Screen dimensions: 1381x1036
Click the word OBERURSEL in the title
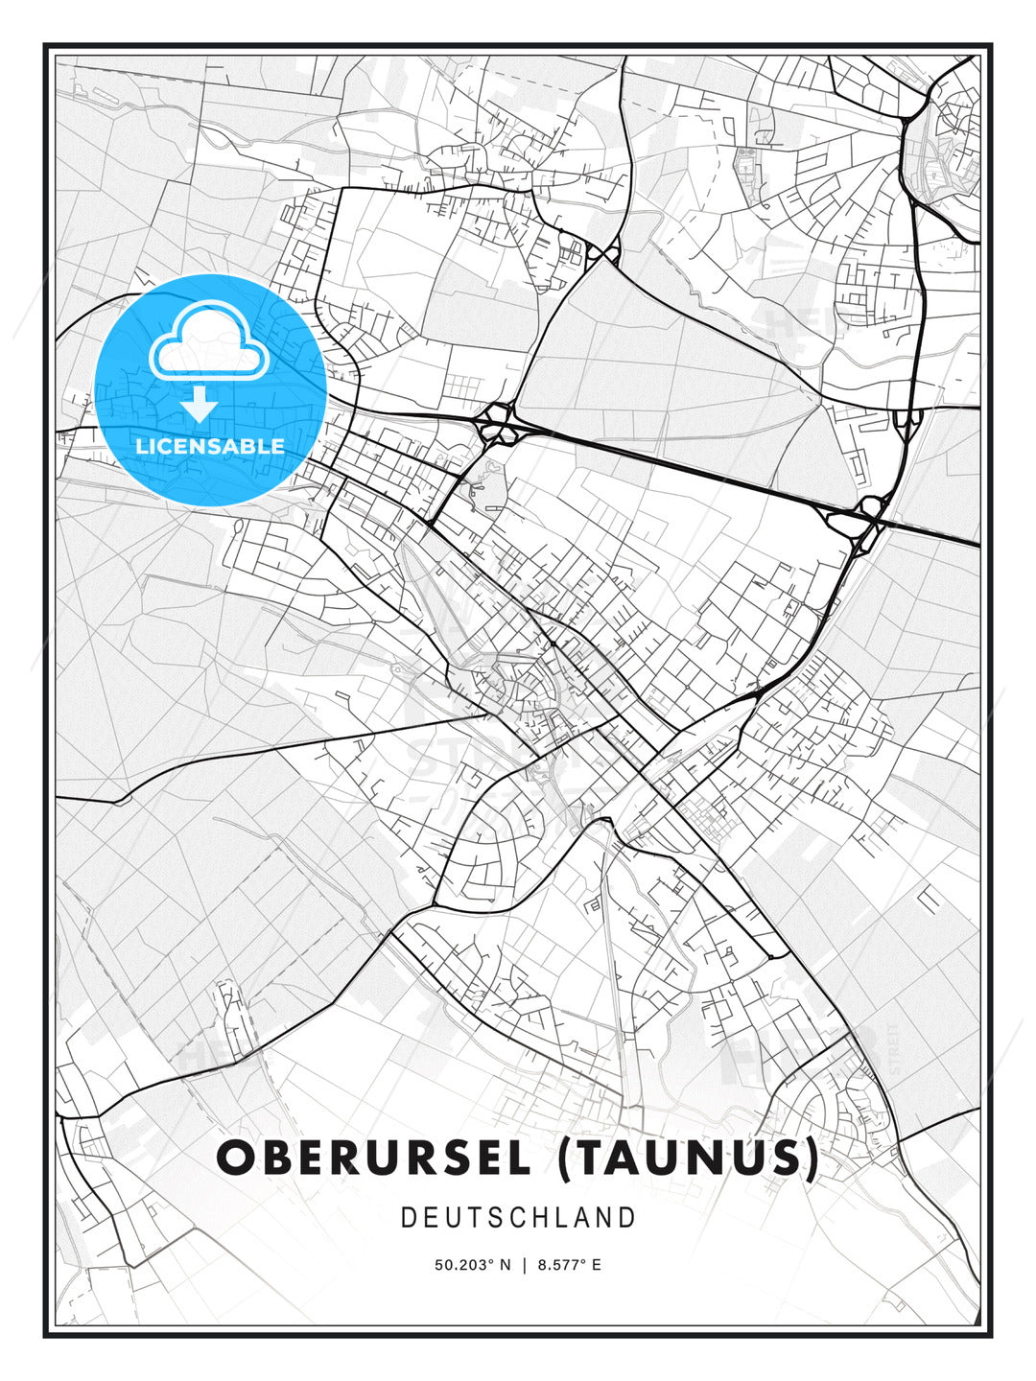(374, 1159)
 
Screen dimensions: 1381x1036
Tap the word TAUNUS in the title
(687, 1159)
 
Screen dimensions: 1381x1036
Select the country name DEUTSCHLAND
(518, 1218)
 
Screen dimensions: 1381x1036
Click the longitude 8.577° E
(569, 1265)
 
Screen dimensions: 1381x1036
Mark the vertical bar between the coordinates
(524, 1265)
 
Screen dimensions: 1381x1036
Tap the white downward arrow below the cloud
(200, 405)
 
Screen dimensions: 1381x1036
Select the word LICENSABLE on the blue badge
(210, 446)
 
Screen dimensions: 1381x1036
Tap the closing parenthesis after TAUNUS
(812, 1159)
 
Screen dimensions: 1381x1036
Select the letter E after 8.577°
(596, 1265)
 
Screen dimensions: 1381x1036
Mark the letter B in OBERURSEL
(279, 1159)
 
